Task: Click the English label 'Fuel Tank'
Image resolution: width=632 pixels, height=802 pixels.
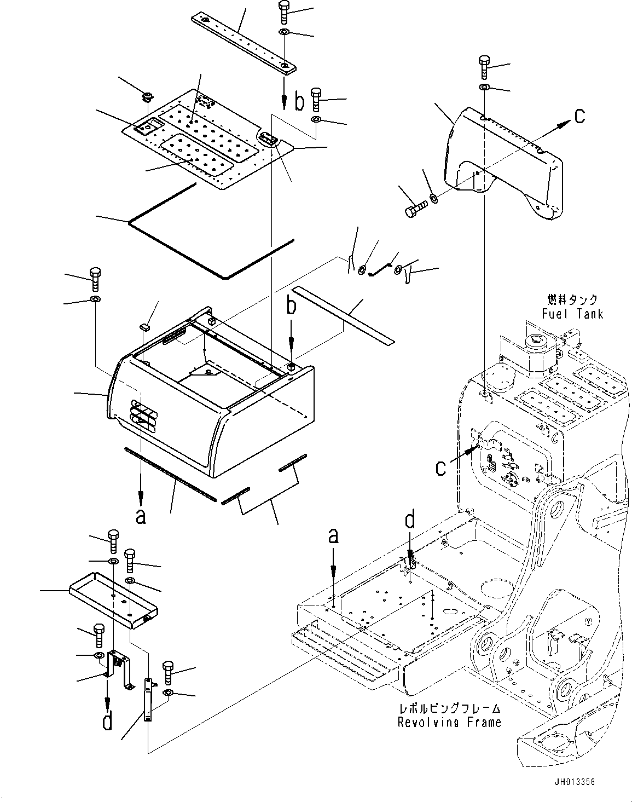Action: tap(572, 314)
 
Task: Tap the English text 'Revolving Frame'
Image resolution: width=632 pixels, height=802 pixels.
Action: tap(449, 722)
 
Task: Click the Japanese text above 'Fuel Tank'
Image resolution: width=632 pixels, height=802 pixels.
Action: tap(572, 299)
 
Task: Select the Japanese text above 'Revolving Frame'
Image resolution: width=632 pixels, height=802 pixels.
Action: tap(449, 709)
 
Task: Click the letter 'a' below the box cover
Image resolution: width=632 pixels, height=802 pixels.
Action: tap(141, 516)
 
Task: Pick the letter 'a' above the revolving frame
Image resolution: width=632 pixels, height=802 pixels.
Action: tap(333, 536)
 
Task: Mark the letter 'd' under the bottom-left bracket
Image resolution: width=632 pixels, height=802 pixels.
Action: tap(108, 720)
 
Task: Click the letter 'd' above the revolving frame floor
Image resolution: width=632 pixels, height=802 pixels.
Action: tap(409, 520)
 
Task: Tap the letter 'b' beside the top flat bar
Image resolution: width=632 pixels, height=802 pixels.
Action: tap(299, 102)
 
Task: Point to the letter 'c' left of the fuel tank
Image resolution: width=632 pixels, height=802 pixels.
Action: tap(440, 468)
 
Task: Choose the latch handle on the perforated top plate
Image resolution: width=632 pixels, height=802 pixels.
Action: tap(268, 140)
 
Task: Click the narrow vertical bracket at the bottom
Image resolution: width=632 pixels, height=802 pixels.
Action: tap(148, 699)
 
